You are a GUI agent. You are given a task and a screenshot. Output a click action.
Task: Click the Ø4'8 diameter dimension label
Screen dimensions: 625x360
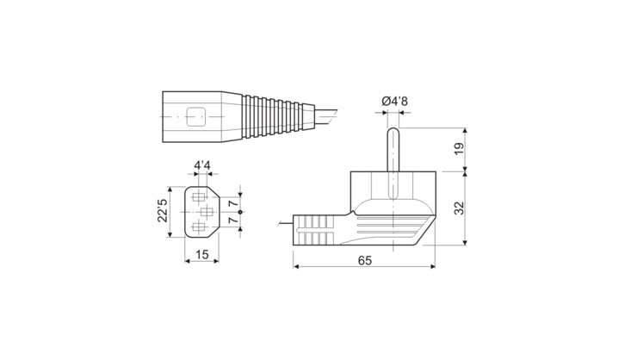(394, 102)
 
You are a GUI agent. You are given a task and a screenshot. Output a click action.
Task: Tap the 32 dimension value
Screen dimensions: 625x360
(460, 208)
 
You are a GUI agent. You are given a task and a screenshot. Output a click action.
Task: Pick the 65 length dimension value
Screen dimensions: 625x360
(365, 261)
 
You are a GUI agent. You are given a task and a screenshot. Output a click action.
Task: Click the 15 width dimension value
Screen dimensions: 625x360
(202, 255)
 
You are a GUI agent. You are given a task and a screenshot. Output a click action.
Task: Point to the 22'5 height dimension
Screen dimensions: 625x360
(163, 210)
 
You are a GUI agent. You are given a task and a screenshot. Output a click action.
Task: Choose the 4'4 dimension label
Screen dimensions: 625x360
(202, 165)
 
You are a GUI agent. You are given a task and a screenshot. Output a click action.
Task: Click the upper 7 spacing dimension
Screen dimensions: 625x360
(233, 203)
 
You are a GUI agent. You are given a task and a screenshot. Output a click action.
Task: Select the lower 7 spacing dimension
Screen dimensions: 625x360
(233, 220)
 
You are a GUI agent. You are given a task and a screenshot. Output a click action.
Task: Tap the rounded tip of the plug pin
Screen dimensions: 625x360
(393, 129)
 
